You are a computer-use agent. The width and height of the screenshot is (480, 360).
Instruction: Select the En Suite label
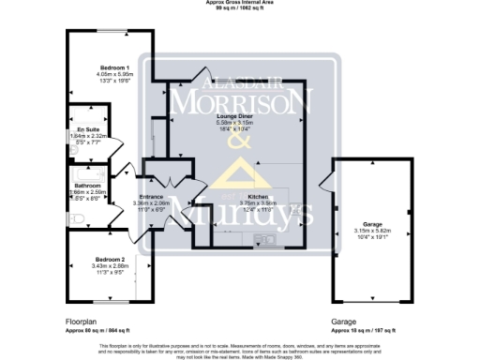point(87,129)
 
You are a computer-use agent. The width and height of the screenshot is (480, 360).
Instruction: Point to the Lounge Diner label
point(236,115)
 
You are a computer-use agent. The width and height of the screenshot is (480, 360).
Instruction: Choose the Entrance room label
point(151,196)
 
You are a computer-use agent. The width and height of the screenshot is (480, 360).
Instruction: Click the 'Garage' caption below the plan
point(343,321)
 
